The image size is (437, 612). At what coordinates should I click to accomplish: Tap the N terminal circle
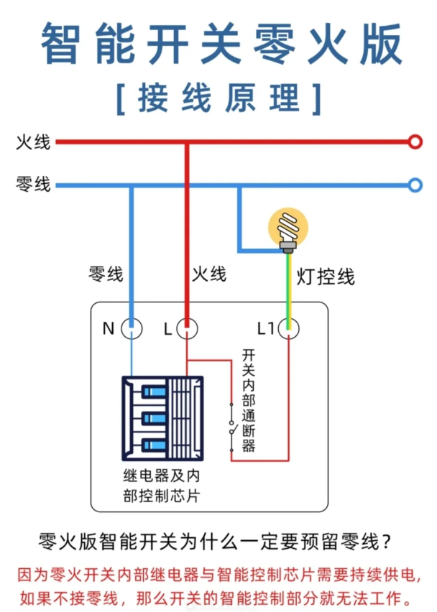coord(131,329)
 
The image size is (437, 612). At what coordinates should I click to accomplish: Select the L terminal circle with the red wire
coord(187,329)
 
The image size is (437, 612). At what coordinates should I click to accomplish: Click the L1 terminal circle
coord(289,329)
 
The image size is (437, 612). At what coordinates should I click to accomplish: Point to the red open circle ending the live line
coord(415,142)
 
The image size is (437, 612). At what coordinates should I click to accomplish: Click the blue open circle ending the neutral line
coord(415,185)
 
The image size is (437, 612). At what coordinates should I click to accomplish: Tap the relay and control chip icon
coord(162,418)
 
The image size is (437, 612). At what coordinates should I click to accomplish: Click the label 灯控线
coord(326,277)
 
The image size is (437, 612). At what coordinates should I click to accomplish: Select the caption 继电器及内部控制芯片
coord(162,485)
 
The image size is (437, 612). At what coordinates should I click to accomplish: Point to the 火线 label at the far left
coord(33,142)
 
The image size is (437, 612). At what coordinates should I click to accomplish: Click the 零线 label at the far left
coord(33,185)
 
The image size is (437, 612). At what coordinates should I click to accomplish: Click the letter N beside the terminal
coord(109,329)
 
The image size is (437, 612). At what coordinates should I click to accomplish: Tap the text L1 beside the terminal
coord(266,329)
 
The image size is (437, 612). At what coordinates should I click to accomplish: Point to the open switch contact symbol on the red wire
coord(231,424)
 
